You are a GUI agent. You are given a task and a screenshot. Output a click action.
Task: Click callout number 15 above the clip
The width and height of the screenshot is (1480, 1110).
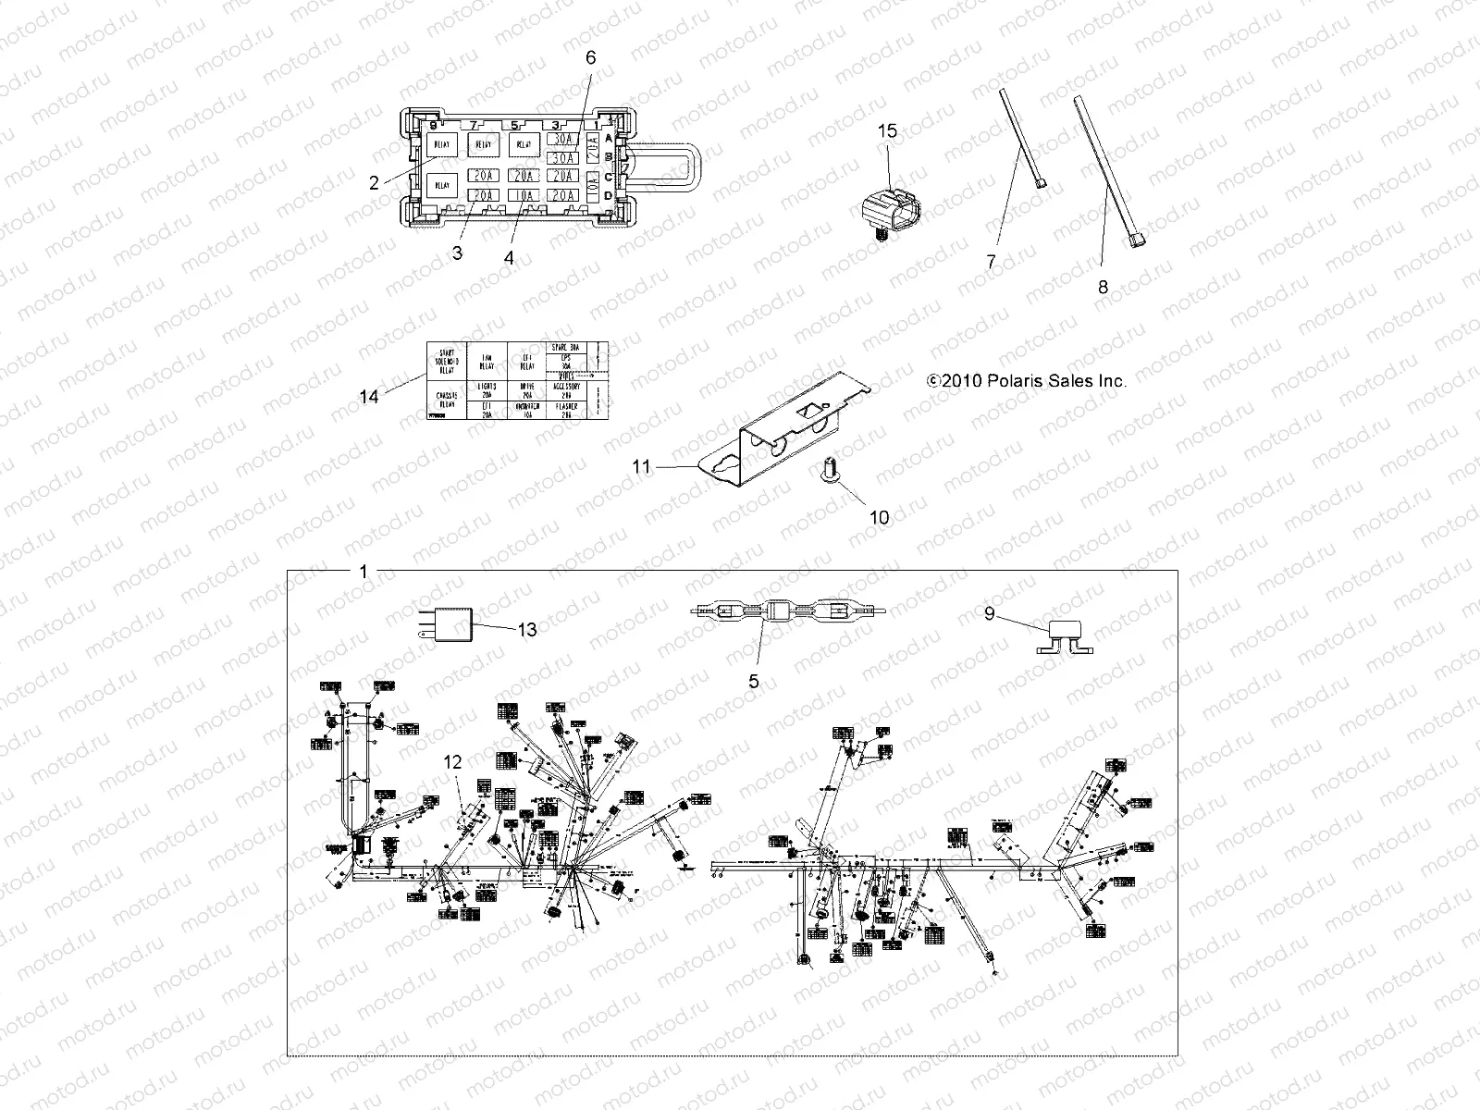click(886, 131)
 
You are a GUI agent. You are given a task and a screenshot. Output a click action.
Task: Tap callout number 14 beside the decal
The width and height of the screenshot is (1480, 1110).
click(369, 397)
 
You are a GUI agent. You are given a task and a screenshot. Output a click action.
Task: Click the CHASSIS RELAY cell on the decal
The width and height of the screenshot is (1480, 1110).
click(446, 399)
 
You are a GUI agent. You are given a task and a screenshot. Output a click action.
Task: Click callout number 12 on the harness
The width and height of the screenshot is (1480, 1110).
click(451, 762)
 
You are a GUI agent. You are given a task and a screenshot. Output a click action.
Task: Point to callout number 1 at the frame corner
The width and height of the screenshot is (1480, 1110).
click(363, 572)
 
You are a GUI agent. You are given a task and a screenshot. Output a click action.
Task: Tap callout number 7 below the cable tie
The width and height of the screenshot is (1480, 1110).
click(992, 262)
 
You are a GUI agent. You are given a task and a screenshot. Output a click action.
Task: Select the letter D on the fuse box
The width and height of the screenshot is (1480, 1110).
click(608, 195)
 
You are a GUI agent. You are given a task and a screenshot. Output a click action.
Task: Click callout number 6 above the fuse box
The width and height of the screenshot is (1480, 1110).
click(591, 57)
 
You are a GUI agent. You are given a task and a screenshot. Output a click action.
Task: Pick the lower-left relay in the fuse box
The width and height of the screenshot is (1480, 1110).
click(443, 185)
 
